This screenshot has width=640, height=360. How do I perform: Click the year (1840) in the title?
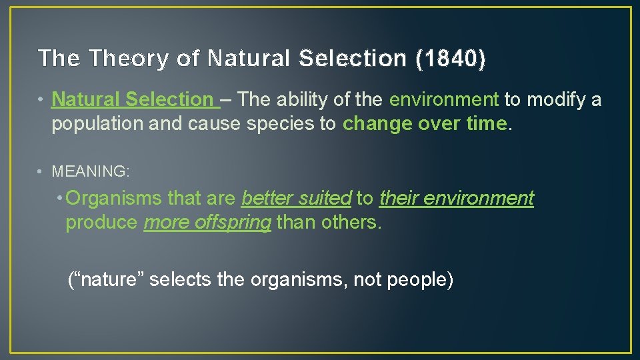click(451, 59)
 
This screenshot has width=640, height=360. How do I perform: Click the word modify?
click(555, 100)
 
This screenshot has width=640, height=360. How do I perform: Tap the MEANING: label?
click(91, 171)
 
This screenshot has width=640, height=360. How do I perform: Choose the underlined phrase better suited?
click(296, 198)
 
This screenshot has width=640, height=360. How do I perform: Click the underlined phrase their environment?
click(457, 198)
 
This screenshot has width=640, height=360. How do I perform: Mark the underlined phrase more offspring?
click(207, 223)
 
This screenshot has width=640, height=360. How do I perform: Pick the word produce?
click(102, 223)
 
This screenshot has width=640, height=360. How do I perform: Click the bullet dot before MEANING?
click(41, 171)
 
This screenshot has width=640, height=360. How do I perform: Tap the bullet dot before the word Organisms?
click(61, 198)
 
